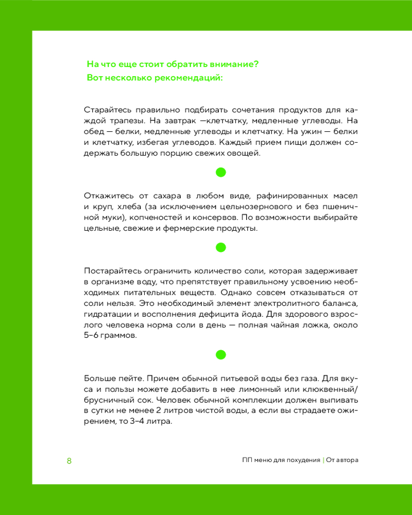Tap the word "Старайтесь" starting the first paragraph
[x=103, y=110]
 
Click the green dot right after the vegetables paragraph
[x=220, y=173]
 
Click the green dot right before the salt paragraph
[x=220, y=247]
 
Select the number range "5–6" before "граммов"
[x=91, y=335]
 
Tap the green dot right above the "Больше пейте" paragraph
[x=220, y=354]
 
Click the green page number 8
[x=69, y=460]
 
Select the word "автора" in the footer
[x=345, y=460]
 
